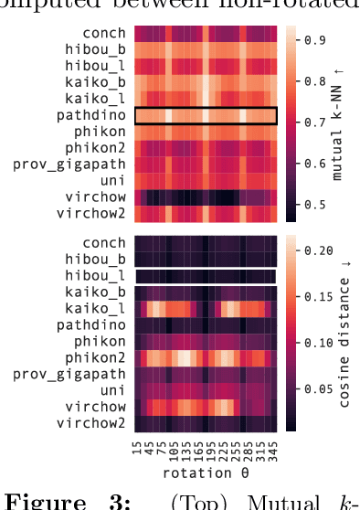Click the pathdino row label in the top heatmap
[96, 115]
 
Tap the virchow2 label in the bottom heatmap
[96, 423]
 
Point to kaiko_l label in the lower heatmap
[99, 308]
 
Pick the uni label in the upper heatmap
[114, 181]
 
